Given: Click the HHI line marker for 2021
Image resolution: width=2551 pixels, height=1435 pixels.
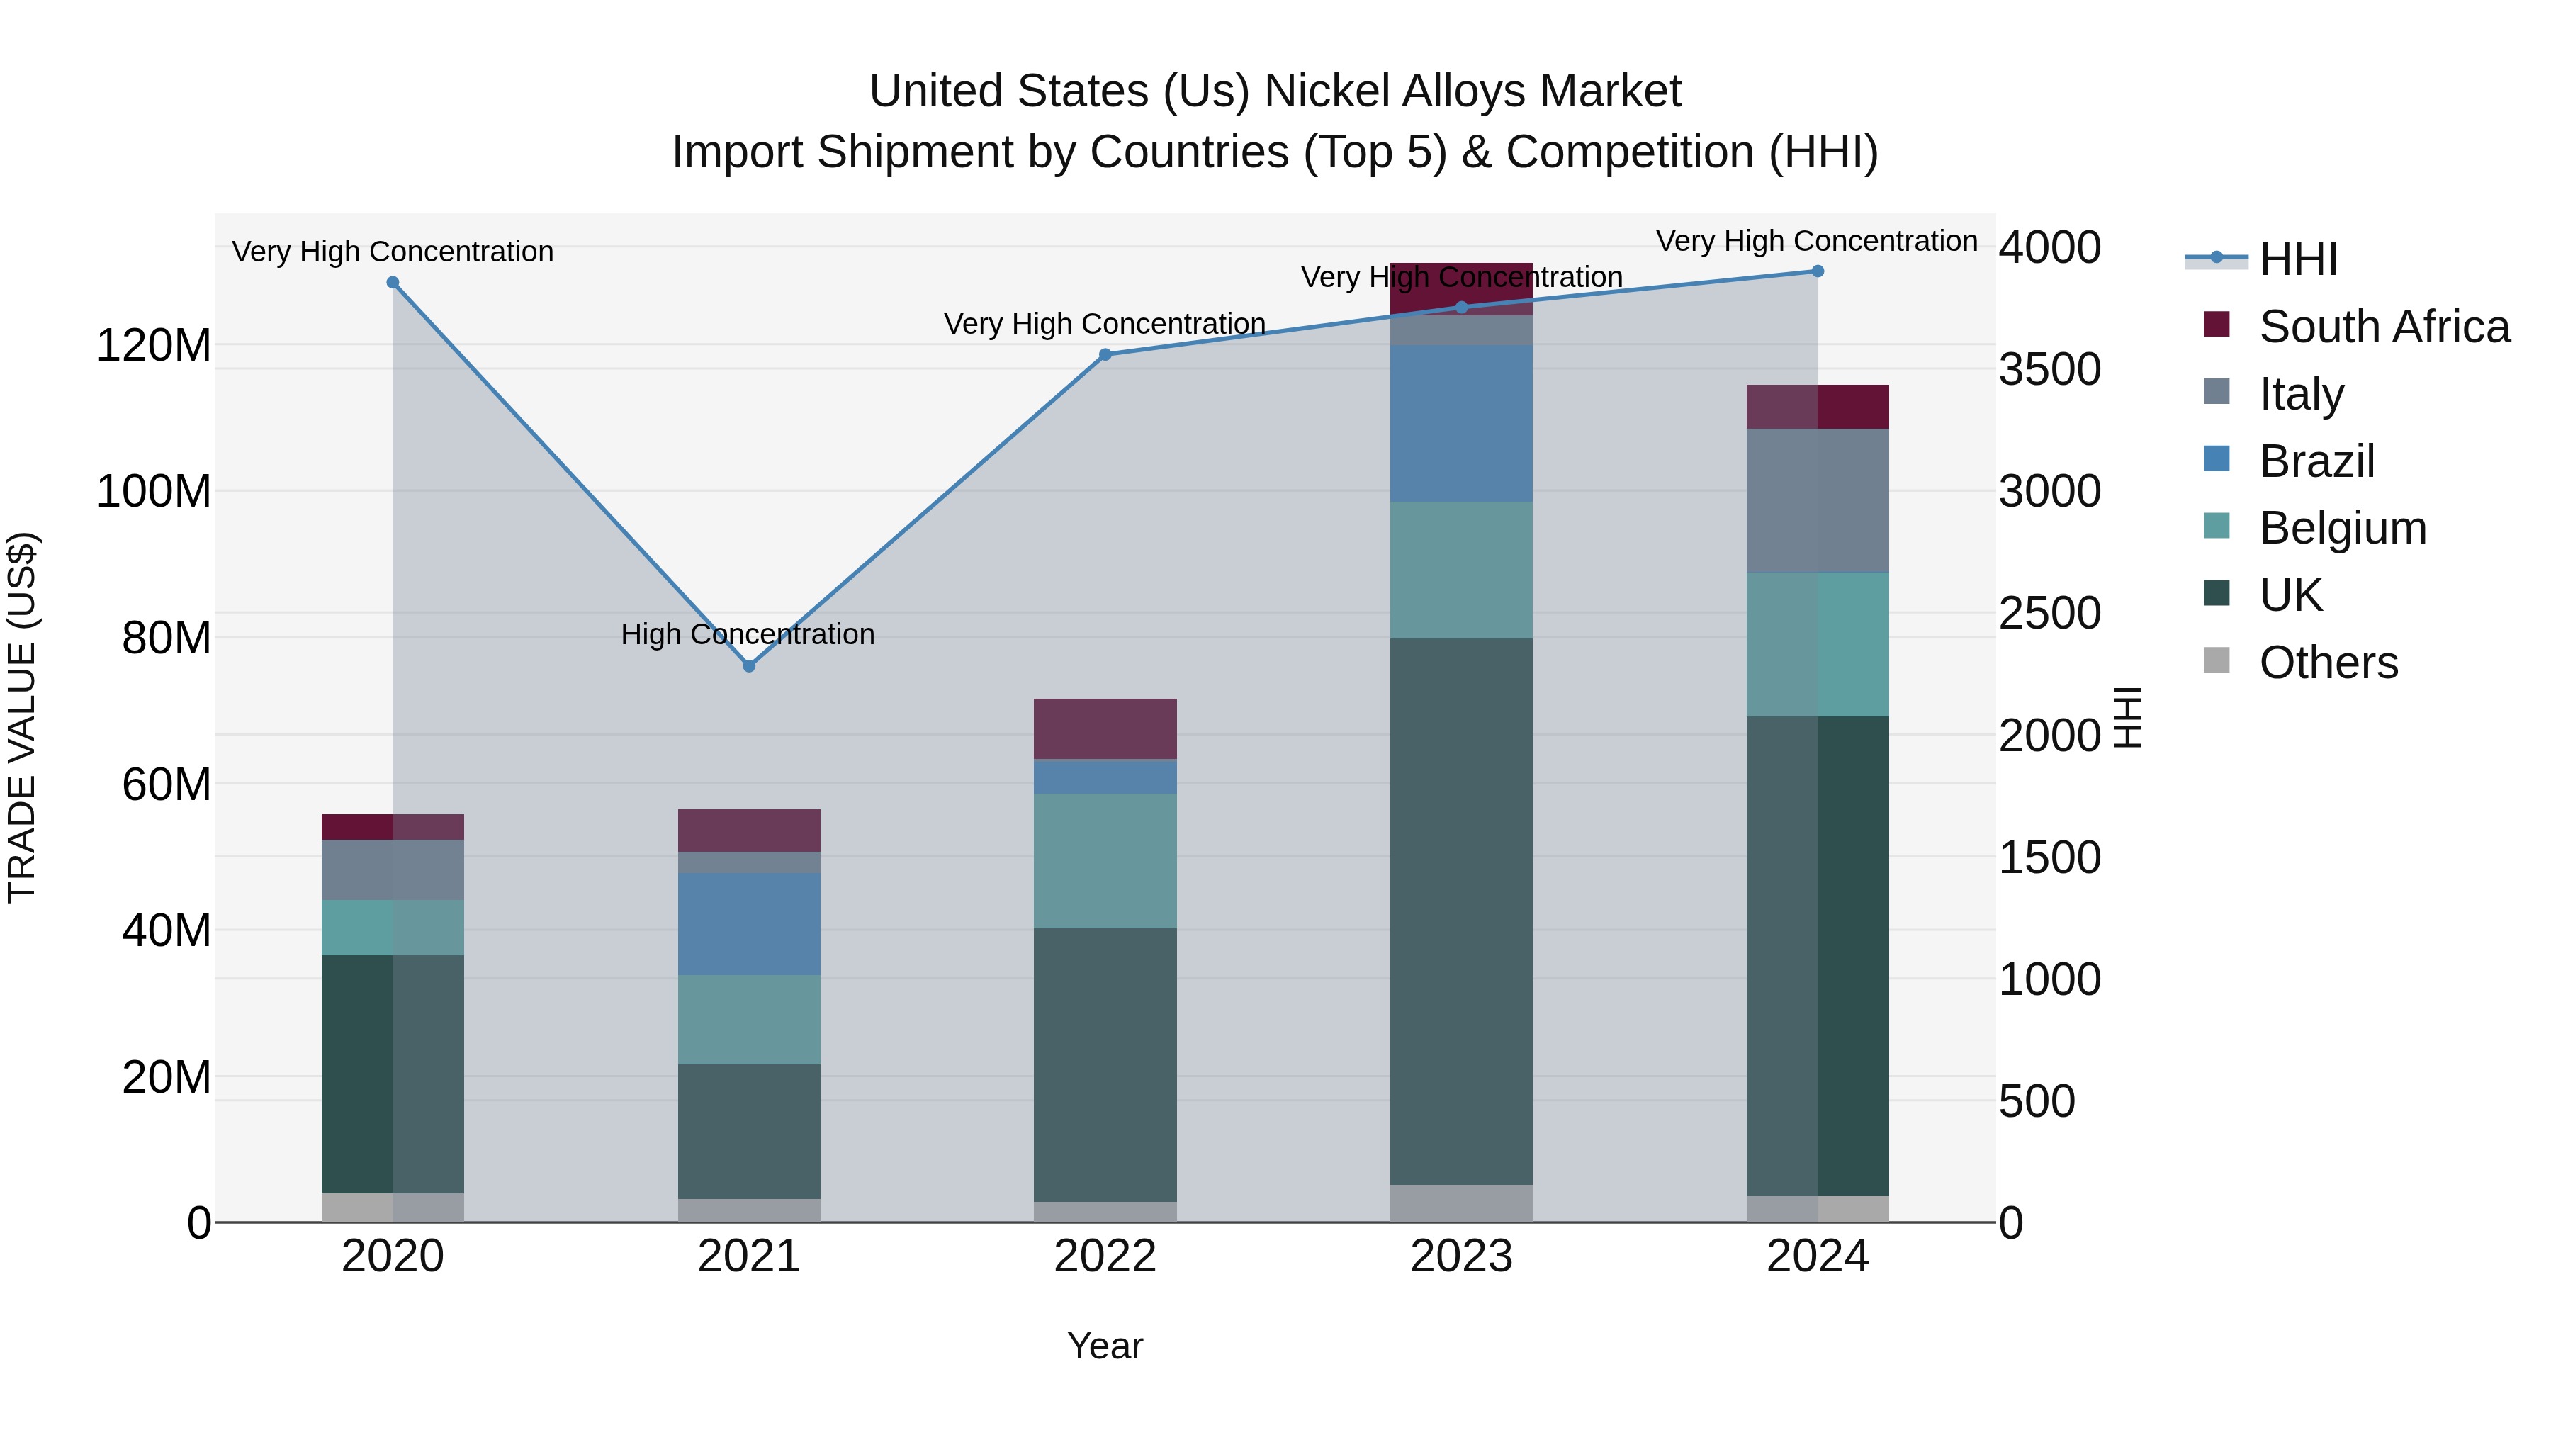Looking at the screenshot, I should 749,667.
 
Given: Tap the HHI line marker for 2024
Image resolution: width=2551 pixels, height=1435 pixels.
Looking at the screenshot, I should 1817,271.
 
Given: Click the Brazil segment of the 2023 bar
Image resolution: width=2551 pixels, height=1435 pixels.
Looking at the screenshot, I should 1462,424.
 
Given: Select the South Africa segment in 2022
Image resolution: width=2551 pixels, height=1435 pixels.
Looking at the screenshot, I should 1105,729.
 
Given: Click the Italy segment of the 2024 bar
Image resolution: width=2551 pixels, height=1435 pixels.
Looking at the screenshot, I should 1817,500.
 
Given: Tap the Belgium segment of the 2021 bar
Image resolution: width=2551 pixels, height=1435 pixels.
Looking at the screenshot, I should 749,1019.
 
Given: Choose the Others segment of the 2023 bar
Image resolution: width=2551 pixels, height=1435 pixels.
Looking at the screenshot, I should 1462,1203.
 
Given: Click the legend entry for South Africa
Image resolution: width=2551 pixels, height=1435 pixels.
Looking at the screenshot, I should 2384,327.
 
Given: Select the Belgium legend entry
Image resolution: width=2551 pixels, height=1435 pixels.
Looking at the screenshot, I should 2342,528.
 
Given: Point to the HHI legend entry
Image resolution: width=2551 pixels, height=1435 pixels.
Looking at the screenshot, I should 2297,259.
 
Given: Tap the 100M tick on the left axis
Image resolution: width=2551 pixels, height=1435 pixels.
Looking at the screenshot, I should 154,491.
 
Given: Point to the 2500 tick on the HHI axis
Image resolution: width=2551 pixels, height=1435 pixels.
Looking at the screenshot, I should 2049,613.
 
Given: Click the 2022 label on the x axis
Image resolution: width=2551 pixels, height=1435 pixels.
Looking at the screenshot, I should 1105,1256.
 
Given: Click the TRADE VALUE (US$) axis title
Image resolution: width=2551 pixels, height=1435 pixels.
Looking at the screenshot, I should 22,717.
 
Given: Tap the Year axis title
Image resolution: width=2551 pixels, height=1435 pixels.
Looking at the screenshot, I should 1105,1346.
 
